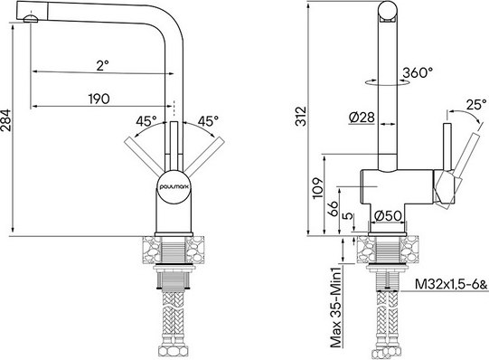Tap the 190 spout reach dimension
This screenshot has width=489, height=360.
point(101,99)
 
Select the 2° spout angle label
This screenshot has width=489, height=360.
point(101,65)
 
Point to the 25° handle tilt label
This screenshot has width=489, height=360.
point(475,104)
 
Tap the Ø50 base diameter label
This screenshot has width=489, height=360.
point(388,214)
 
